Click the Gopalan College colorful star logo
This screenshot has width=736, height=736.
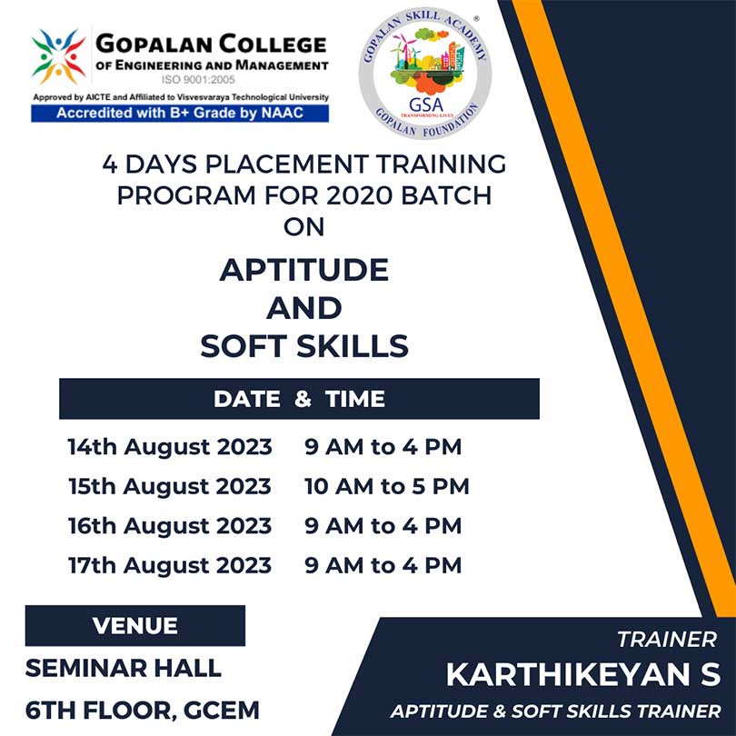(x=58, y=57)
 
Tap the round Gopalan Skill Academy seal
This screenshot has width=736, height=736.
(x=425, y=73)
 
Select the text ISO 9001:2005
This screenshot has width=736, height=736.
(x=198, y=80)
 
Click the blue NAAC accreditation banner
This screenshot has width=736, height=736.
(x=180, y=113)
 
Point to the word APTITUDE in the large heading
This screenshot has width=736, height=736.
(x=304, y=270)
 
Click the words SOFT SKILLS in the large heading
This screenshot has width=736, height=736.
(x=304, y=346)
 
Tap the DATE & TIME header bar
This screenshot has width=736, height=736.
(x=300, y=399)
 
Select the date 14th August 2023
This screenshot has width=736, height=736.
(x=170, y=447)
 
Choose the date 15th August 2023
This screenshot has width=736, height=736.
(x=170, y=486)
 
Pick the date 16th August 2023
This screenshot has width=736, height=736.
(x=170, y=526)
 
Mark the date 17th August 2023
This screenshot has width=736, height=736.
(x=170, y=565)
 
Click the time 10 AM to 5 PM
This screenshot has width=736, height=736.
(x=387, y=486)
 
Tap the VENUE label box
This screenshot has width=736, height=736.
(x=135, y=626)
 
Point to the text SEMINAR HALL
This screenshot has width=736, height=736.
(x=123, y=668)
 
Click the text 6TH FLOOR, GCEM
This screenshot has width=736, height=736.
(x=143, y=711)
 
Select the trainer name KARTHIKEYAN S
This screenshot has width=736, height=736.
(x=583, y=674)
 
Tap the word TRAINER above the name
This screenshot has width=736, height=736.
(x=667, y=640)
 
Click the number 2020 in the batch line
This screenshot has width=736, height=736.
(x=359, y=195)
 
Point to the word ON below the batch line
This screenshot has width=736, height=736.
(x=304, y=227)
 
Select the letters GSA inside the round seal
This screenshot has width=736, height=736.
(x=426, y=104)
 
